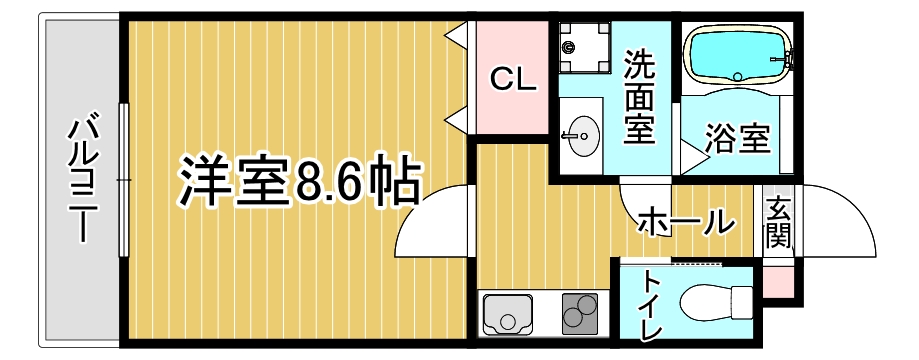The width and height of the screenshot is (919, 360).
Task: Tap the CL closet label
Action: tap(513, 80)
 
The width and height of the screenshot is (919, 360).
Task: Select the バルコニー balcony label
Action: tap(83, 180)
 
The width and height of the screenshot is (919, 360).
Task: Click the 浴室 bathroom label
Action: tap(737, 139)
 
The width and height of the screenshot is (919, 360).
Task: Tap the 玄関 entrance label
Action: tap(779, 222)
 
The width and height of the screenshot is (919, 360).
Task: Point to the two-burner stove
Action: tap(577, 314)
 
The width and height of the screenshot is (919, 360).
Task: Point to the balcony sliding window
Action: tap(122, 180)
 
